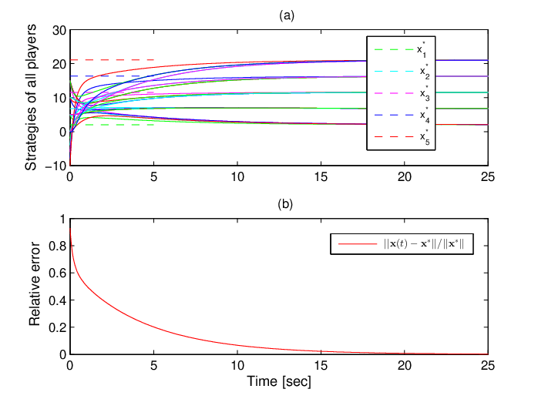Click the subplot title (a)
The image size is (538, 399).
[x=287, y=15]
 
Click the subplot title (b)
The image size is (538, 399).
[x=285, y=204]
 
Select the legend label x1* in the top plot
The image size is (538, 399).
[x=422, y=50]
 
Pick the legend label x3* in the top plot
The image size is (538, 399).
[x=425, y=93]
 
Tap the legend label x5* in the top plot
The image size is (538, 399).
[x=425, y=137]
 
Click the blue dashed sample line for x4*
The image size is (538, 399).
[x=394, y=115]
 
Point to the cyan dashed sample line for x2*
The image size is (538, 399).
[x=394, y=72]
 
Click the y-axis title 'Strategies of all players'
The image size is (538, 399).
[x=31, y=97]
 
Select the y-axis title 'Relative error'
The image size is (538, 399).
[x=35, y=283]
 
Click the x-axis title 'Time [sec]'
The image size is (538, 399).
[x=279, y=381]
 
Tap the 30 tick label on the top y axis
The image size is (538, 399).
[x=59, y=31]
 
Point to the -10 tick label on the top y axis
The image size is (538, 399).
[x=56, y=166]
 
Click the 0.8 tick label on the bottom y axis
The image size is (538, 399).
[x=57, y=246]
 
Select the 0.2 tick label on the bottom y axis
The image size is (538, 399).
[x=57, y=327]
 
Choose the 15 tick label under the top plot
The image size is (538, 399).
[x=321, y=177]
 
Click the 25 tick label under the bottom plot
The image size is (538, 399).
[x=488, y=365]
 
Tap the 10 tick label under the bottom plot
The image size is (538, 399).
[x=237, y=365]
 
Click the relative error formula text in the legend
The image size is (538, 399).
[x=424, y=243]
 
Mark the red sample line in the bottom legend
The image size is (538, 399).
[x=358, y=244]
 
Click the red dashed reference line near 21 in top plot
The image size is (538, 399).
[x=113, y=60]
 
